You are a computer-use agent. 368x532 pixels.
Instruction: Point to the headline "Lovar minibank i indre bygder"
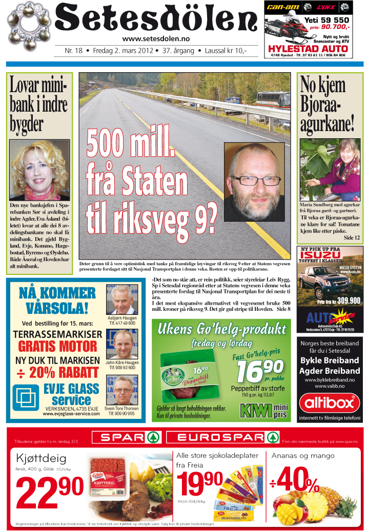pos(38,105)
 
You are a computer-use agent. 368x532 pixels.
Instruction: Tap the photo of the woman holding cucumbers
pos(330,169)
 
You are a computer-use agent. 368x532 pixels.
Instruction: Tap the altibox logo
pos(330,403)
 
